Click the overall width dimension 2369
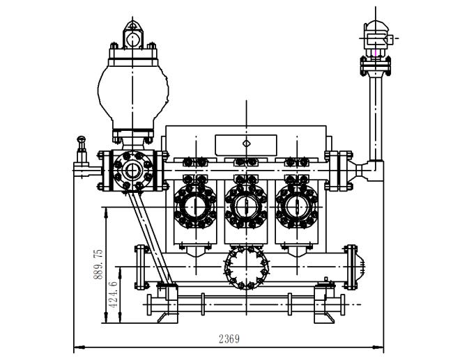coord(229,339)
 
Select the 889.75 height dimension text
coord(98,264)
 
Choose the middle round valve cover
coord(244,206)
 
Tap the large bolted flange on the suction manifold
coord(245,267)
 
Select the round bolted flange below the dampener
coord(131,169)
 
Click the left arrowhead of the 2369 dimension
coord(77,346)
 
